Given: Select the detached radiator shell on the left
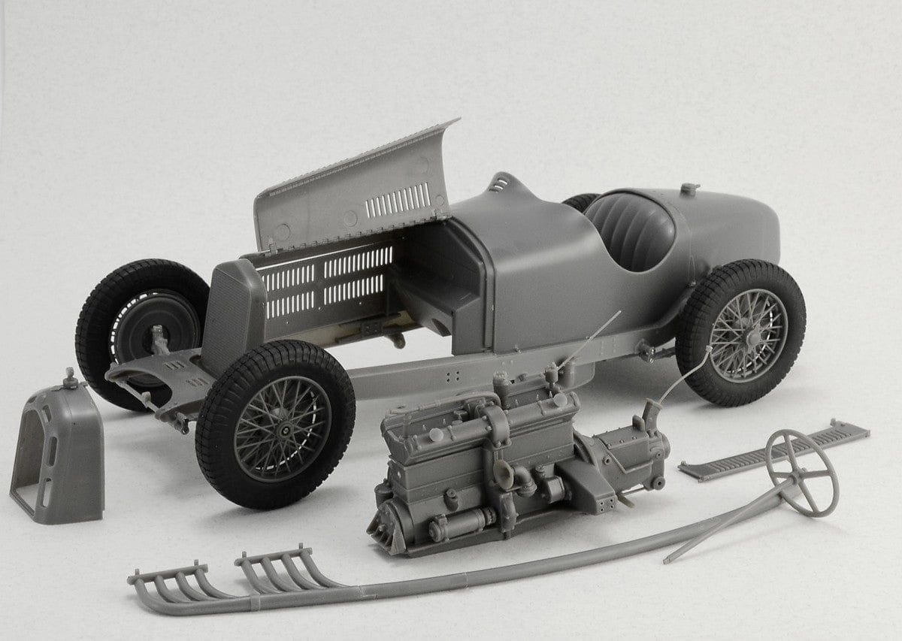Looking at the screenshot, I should coord(56,451).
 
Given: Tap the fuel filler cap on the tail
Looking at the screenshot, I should coord(689,188).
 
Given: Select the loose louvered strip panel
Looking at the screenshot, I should coord(774,451).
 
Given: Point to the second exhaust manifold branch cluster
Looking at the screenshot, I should coord(278,567).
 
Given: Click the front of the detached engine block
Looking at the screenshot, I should coord(391,526).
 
